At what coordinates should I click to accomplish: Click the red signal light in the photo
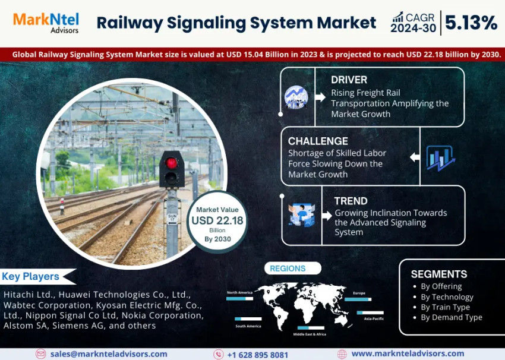coord(172,162)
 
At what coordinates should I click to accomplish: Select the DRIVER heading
coord(349,80)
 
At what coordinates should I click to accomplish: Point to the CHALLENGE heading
coord(318,141)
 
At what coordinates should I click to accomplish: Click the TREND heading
coord(351,201)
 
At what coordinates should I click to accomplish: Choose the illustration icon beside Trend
coord(301,215)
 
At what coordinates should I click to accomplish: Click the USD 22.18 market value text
coord(217,220)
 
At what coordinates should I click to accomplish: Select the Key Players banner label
coord(31,276)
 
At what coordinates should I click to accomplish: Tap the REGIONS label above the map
coord(288,269)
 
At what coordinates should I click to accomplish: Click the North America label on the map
coord(239,292)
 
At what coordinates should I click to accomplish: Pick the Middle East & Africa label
coord(310,334)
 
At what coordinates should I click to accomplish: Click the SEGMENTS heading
coord(438,274)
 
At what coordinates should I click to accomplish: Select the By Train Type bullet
coord(445,307)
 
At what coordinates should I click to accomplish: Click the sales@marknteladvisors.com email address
coord(108,354)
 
